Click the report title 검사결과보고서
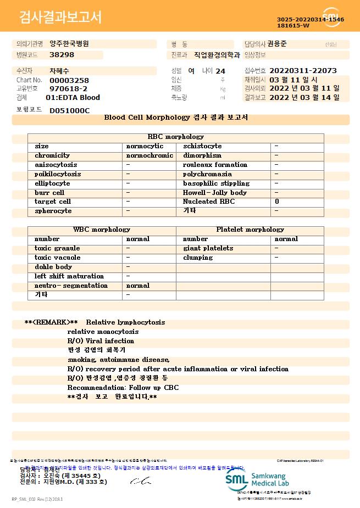(60, 18)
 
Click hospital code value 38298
(62, 55)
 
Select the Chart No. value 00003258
(69, 80)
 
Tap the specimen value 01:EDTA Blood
(73, 98)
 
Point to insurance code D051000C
(69, 110)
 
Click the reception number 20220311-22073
(303, 71)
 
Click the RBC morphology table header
(175, 137)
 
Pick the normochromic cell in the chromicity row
(149, 155)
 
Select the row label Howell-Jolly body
(214, 193)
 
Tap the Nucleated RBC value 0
(276, 202)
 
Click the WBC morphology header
(102, 230)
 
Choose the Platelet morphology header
(250, 230)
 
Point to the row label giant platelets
(208, 248)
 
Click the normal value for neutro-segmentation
(137, 286)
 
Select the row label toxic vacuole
(57, 258)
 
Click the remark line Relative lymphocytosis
(125, 322)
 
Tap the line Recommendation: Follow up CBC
(123, 388)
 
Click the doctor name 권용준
(277, 44)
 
